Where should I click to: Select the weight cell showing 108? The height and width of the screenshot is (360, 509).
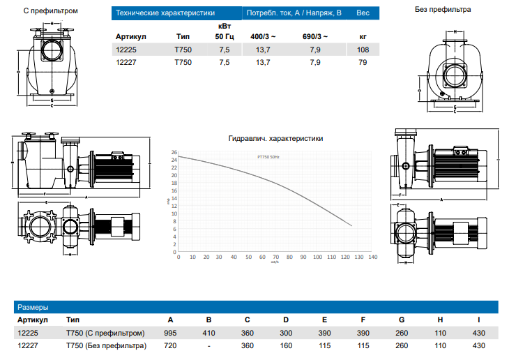coord(362,50)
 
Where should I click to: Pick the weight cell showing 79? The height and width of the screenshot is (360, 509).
coord(362,63)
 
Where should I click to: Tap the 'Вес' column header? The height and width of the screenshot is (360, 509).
coord(363,13)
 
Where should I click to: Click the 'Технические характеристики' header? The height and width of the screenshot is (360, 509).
coord(165,13)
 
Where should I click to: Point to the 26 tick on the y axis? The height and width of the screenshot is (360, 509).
coord(174,152)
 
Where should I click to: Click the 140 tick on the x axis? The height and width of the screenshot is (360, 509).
coord(373,257)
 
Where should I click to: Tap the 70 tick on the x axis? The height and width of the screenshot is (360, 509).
coord(276,257)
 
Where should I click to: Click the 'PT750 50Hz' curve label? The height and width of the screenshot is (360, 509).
coord(268,158)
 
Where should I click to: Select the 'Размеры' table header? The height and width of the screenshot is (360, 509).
coord(33,306)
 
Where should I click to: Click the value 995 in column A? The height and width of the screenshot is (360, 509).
coord(170,333)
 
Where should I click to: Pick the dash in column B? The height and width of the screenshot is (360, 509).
coord(208,345)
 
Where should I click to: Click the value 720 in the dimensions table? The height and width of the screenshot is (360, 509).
coord(170,345)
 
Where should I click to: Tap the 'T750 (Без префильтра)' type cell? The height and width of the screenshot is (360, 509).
coord(106,345)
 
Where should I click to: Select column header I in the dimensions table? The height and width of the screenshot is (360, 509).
coord(478,320)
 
